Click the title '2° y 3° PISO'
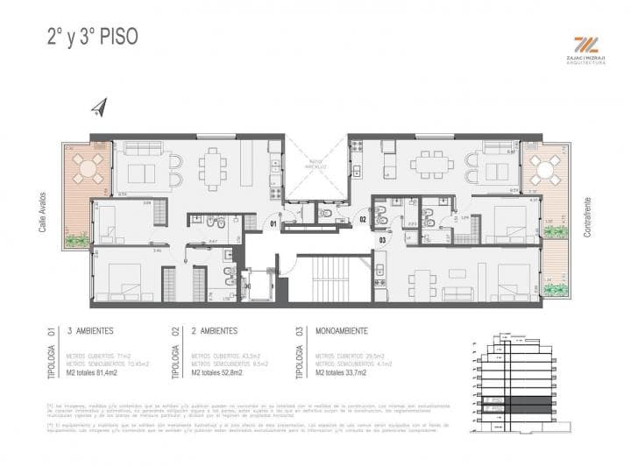(x=91, y=38)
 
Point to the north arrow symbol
(x=98, y=108)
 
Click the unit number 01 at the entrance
(x=273, y=223)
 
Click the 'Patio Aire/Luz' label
(x=315, y=163)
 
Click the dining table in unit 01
(x=214, y=166)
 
